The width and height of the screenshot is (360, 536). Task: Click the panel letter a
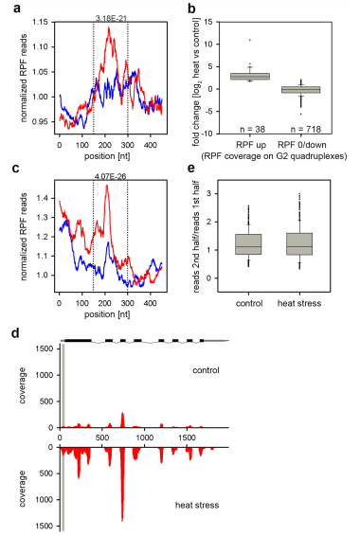tap(17, 9)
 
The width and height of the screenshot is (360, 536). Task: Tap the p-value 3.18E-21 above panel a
tap(111, 18)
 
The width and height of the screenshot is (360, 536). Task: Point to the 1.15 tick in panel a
tap(41, 22)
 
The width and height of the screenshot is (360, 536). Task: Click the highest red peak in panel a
tap(109, 27)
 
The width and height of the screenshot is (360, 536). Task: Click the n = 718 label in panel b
tap(306, 129)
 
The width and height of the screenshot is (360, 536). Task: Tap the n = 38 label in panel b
tap(252, 129)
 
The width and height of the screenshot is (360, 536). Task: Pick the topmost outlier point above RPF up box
tap(250, 40)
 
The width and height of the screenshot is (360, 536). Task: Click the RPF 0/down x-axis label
tap(302, 145)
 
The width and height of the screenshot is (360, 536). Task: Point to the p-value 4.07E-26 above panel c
tap(110, 177)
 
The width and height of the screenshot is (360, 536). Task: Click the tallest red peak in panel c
tap(107, 186)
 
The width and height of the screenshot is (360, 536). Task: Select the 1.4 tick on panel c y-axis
tap(43, 198)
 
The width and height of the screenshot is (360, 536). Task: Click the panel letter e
tap(191, 169)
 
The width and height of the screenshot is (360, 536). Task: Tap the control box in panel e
tap(248, 244)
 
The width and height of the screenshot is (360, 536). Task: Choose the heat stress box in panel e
tap(299, 244)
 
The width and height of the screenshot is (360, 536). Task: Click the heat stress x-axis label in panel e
tap(299, 303)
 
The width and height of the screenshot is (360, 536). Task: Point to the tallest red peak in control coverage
tap(122, 414)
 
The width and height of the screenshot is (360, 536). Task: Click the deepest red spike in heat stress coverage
tap(122, 520)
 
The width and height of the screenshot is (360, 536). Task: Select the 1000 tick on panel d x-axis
tap(144, 438)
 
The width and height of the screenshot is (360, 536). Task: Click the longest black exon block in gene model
tap(78, 341)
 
